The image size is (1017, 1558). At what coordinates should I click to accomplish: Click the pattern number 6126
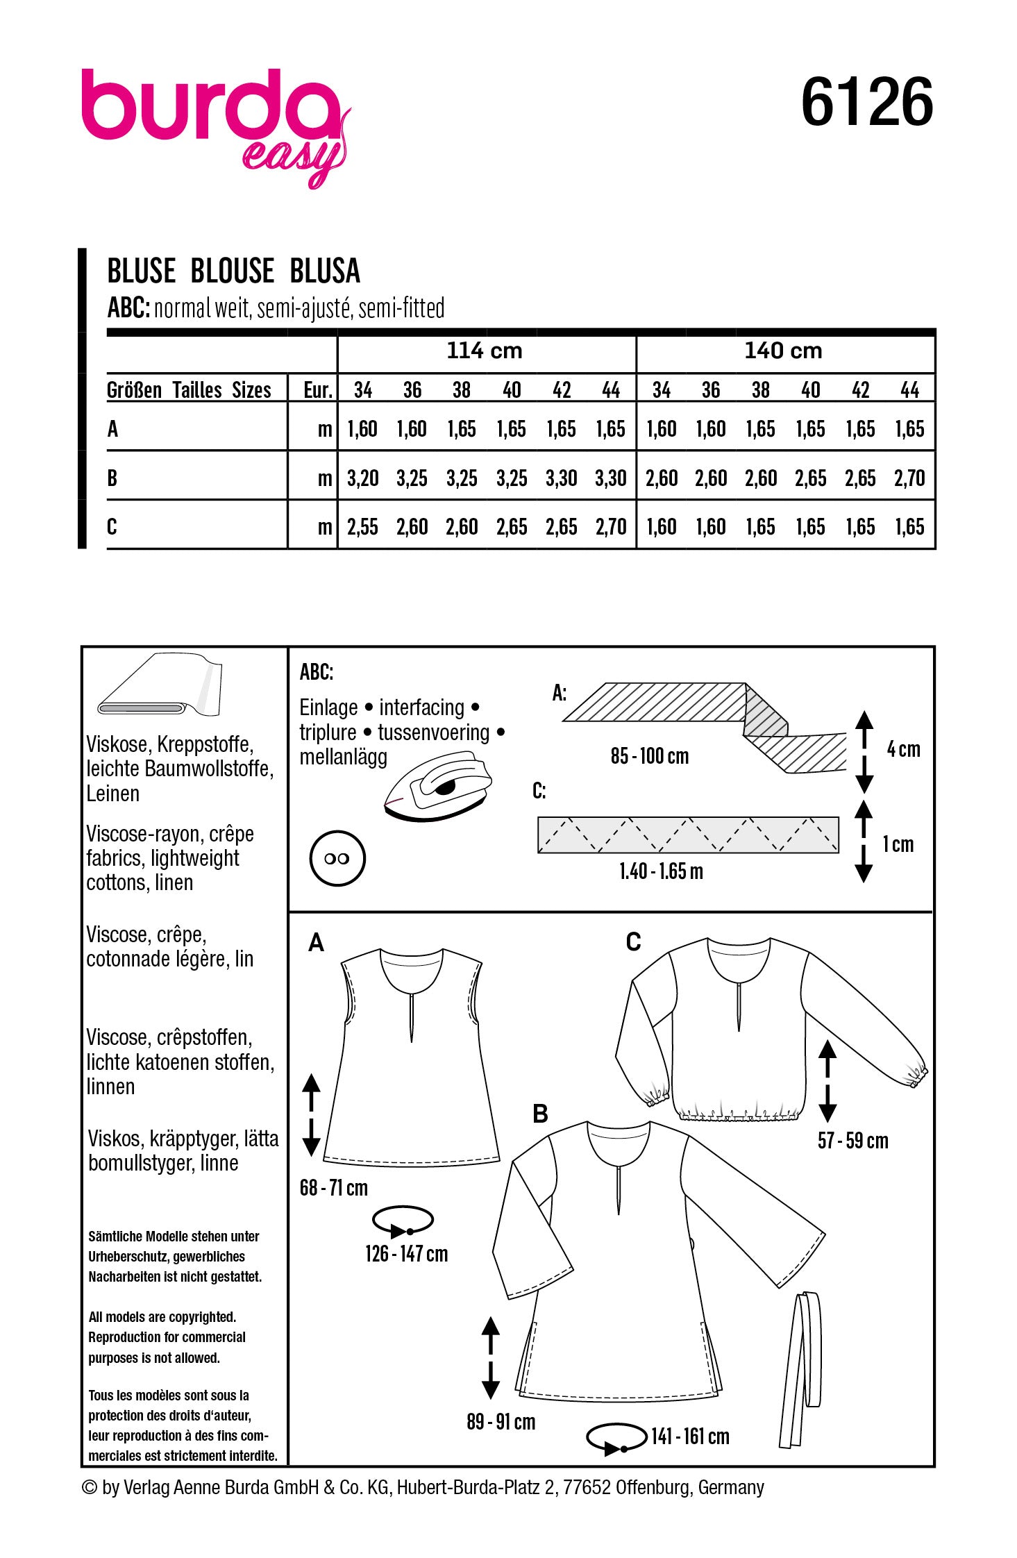(x=866, y=102)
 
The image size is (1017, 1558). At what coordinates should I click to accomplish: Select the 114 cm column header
(x=485, y=351)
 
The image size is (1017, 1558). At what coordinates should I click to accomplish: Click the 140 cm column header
(x=783, y=351)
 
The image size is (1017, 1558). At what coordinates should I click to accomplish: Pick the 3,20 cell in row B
(x=362, y=478)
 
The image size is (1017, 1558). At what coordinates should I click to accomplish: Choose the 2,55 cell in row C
(x=362, y=528)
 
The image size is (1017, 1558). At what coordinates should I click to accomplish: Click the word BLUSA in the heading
(x=325, y=271)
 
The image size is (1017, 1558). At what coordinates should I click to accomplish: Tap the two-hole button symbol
(x=337, y=859)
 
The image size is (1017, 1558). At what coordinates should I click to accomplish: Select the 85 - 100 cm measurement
(x=650, y=756)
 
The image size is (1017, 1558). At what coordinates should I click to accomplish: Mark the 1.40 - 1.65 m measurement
(x=661, y=871)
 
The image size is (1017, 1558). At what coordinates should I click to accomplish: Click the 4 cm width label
(x=903, y=750)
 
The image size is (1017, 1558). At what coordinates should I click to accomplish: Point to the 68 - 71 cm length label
(x=334, y=1188)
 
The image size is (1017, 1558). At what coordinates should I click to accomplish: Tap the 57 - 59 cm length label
(x=852, y=1141)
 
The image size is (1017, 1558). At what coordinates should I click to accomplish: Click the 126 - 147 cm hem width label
(x=407, y=1254)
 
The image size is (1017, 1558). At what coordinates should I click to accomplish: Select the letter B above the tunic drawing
(x=540, y=1114)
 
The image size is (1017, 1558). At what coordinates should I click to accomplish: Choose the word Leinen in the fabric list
(x=112, y=794)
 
